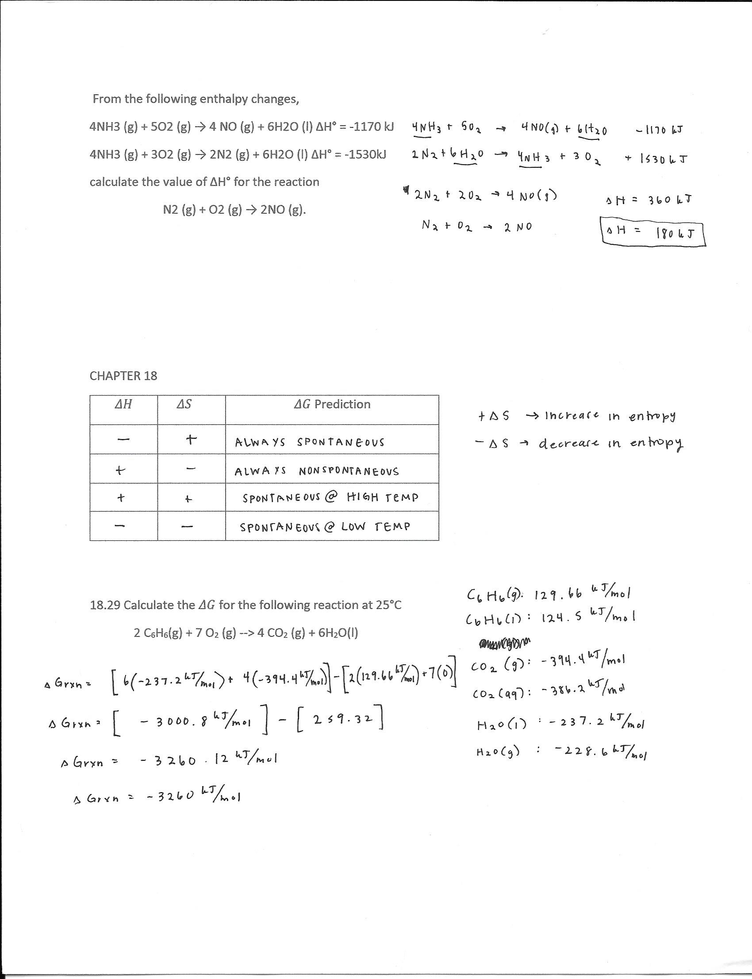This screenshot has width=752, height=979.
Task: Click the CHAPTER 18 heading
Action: click(x=123, y=376)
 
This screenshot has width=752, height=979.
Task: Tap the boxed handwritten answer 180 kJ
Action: click(x=652, y=232)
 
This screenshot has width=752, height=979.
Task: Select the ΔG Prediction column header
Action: click(x=332, y=405)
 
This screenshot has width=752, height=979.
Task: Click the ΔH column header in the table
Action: click(x=123, y=405)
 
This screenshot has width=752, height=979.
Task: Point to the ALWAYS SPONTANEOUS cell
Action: click(x=309, y=443)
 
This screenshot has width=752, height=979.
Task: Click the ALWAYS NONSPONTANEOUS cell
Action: click(x=316, y=471)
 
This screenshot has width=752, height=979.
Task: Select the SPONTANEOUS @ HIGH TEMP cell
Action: click(x=330, y=497)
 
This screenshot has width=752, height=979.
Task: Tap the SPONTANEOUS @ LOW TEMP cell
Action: click(x=325, y=527)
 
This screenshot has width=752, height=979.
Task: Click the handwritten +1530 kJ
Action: click(x=656, y=159)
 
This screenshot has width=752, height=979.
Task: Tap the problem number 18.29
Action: click(x=105, y=605)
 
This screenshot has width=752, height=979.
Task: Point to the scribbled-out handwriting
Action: click(x=503, y=644)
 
